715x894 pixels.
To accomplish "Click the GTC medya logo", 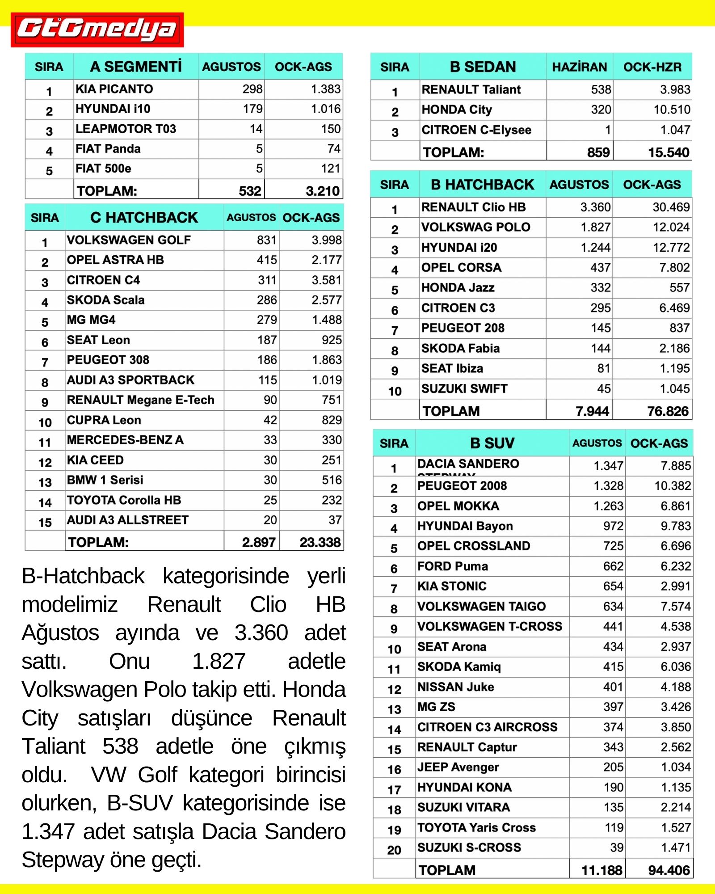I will point(97,30).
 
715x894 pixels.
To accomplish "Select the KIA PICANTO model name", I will point(114,89).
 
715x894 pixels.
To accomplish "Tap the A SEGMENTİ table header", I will point(136,67).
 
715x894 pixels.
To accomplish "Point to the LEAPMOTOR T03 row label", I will point(126,129).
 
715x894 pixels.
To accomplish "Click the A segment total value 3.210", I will point(323,191).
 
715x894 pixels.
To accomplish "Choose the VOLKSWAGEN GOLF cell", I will point(129,240).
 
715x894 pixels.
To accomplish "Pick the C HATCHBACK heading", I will point(144,217).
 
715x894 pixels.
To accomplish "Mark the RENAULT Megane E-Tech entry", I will point(141,400).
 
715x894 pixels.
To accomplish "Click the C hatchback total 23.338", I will point(320,542).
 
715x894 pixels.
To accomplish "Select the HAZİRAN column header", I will point(580,67).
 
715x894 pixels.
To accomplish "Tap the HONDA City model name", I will point(457,110).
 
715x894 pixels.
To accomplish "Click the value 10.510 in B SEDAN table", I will point(672,110).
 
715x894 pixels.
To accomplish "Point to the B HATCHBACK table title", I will point(483,185).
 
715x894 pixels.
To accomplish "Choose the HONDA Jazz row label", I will point(458,287).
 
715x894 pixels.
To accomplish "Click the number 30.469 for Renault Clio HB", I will point(671,207).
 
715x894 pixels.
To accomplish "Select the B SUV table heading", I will point(492,443).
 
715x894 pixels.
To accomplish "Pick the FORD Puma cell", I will point(453,566).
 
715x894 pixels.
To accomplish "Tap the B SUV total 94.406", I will point(669,870).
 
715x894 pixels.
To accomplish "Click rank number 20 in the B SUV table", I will point(394,850).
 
